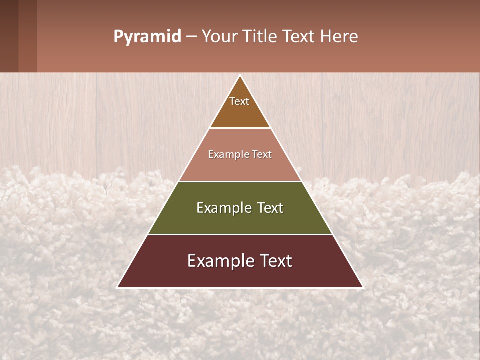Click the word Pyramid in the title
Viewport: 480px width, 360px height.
tap(147, 37)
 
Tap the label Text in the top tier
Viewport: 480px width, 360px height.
tap(239, 101)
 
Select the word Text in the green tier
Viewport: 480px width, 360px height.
tap(270, 208)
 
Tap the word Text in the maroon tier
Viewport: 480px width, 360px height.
tap(276, 261)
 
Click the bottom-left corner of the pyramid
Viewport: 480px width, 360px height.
tap(118, 287)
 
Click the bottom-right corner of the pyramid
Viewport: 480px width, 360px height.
tap(362, 287)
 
